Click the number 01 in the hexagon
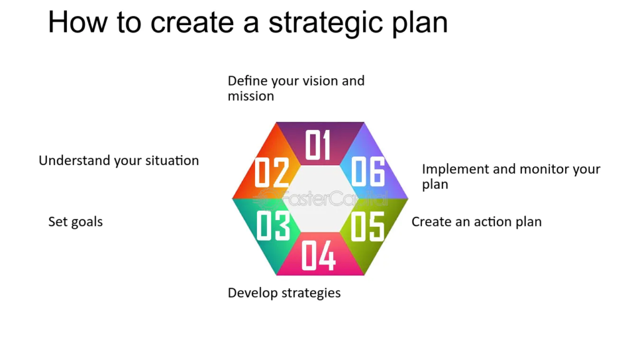point(317,145)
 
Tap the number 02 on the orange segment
point(272,172)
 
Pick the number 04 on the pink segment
point(318,256)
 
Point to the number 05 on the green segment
point(367,226)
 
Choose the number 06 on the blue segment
point(367,172)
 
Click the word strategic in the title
point(326,23)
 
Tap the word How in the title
point(78,22)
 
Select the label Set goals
point(76,222)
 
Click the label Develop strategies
point(284,293)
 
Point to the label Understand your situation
point(119,161)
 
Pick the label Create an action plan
point(476,222)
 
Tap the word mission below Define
point(251,96)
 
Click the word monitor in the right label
point(545,169)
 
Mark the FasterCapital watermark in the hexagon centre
point(320,199)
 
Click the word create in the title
point(192,23)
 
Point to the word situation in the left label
point(172,161)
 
